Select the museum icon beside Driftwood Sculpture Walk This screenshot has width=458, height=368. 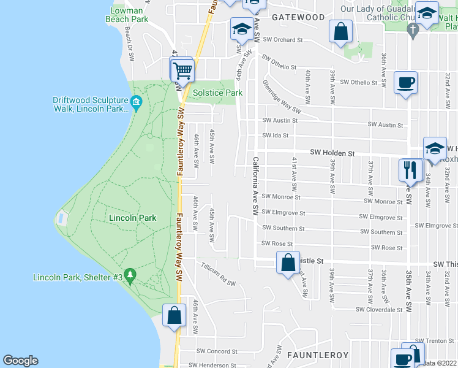coord(137,102)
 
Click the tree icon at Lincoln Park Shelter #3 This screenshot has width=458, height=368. coord(129,275)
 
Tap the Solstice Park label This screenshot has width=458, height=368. coord(217,93)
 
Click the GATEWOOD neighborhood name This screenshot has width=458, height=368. coord(298,17)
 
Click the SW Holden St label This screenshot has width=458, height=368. coord(332,152)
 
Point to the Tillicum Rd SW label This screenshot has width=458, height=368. coord(219,274)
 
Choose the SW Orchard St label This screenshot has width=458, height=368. coord(283,40)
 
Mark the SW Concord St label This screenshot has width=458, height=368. coord(217,351)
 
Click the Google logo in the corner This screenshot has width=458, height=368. coord(21,361)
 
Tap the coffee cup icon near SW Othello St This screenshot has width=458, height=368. coord(405,83)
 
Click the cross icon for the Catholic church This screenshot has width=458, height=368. coord(413,29)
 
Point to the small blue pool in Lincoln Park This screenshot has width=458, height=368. coord(61,218)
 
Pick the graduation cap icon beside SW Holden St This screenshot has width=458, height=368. coord(435,149)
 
